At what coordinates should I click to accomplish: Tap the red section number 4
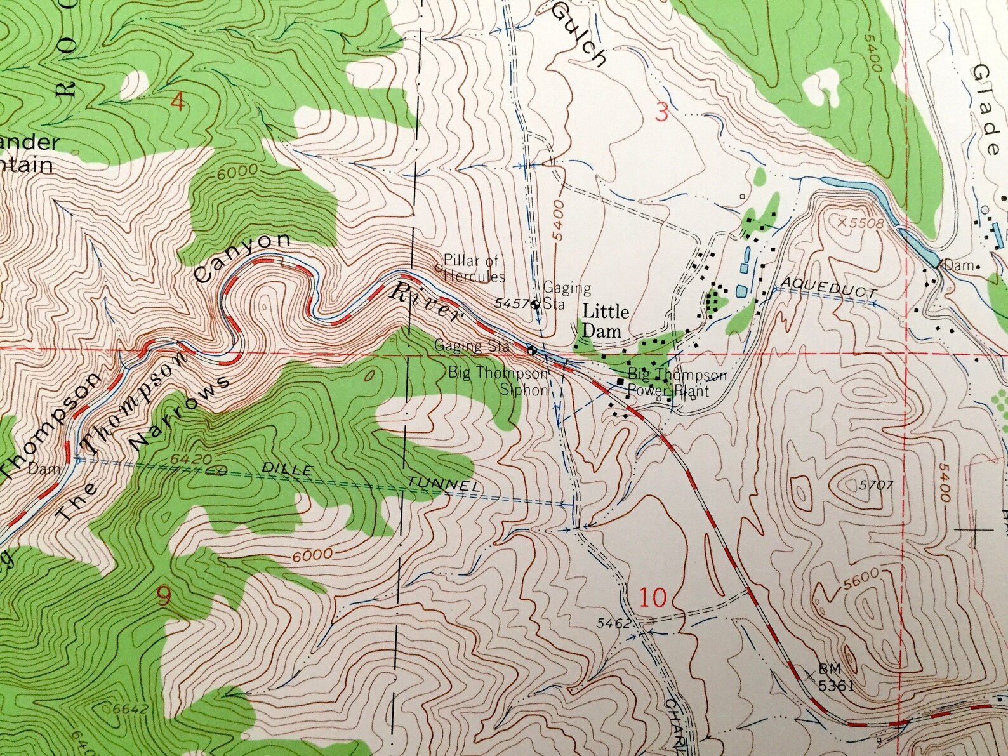(x=178, y=102)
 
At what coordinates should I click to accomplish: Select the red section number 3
(x=661, y=114)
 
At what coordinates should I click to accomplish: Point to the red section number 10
(x=653, y=597)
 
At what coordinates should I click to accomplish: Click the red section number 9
(x=163, y=597)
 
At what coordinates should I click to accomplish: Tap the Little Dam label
(x=606, y=321)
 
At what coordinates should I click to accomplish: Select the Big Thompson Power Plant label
(x=677, y=383)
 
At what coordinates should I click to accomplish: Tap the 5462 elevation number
(x=613, y=623)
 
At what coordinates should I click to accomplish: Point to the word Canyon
(x=242, y=258)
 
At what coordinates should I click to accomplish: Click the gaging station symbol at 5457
(x=536, y=304)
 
